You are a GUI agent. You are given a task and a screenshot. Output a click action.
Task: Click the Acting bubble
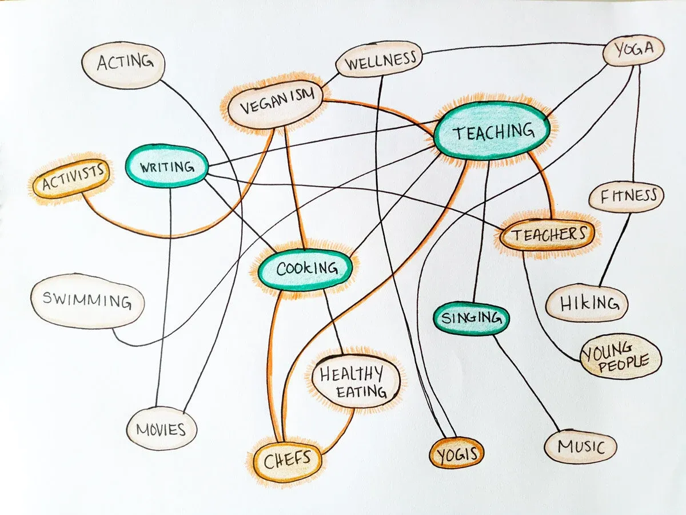(123, 65)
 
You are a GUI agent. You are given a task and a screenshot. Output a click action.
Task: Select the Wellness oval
(379, 60)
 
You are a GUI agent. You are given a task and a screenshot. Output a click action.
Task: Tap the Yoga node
(633, 50)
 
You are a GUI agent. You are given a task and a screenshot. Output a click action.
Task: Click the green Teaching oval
(492, 130)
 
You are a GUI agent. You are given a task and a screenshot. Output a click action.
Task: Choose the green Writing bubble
(166, 166)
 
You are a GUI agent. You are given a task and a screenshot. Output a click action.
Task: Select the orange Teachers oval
(547, 235)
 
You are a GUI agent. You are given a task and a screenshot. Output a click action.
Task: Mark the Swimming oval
(88, 301)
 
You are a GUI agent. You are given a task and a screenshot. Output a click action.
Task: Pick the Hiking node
(587, 303)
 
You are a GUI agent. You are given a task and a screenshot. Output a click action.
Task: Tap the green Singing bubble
(471, 318)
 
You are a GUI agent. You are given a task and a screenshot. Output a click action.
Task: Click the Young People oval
(620, 356)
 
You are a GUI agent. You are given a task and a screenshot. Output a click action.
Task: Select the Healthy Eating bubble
(356, 382)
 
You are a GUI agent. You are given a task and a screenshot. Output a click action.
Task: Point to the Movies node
(162, 429)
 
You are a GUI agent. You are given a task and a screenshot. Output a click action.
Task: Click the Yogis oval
(457, 453)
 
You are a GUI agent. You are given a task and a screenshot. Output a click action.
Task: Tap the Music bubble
(580, 446)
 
